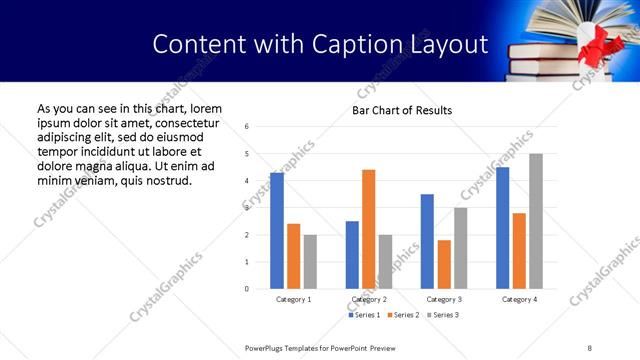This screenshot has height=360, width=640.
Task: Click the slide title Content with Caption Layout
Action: pyautogui.click(x=320, y=44)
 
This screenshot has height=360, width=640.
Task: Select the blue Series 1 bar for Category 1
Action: pyautogui.click(x=277, y=231)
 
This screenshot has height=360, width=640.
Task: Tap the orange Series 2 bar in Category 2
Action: pyautogui.click(x=368, y=229)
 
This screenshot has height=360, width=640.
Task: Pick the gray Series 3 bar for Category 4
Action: pyautogui.click(x=536, y=221)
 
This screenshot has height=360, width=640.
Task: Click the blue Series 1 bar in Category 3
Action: pyautogui.click(x=427, y=241)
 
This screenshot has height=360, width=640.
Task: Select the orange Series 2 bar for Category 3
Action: pyautogui.click(x=444, y=264)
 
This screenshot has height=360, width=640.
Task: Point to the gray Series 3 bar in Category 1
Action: pyautogui.click(x=310, y=262)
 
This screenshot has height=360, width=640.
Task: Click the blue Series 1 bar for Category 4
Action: pyautogui.click(x=502, y=228)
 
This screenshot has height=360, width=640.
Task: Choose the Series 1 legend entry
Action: pyautogui.click(x=365, y=315)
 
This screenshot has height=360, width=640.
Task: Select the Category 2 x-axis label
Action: pyautogui.click(x=369, y=299)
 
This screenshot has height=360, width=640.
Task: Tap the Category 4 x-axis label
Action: pyautogui.click(x=519, y=299)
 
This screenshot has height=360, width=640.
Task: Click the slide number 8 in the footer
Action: pyautogui.click(x=589, y=347)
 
